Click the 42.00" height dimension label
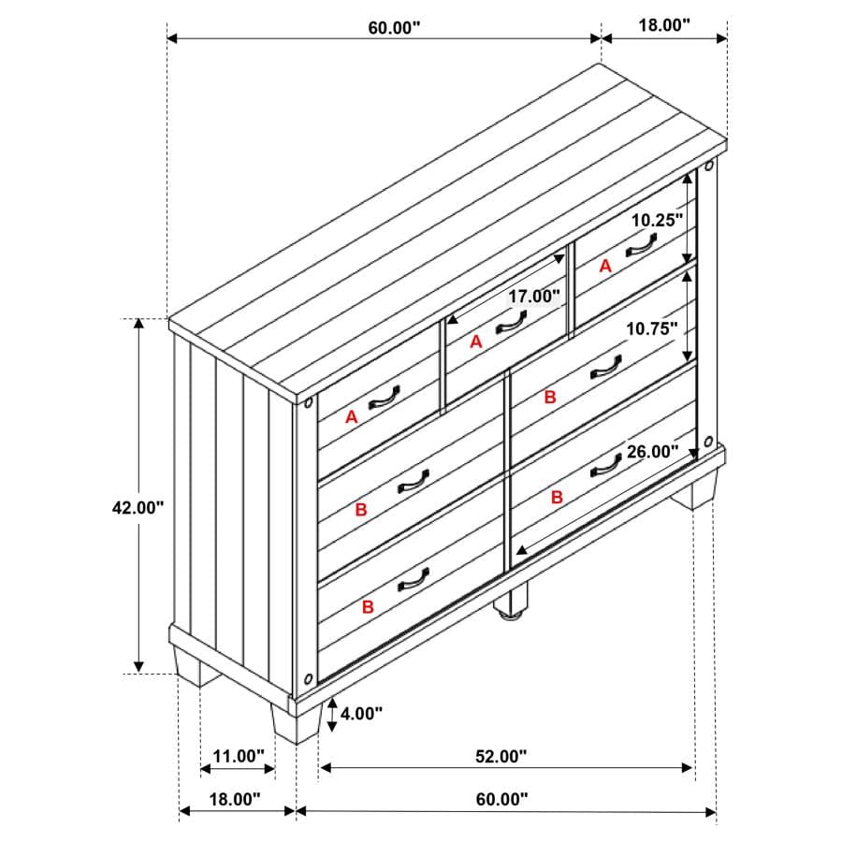click(138, 507)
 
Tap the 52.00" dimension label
click(501, 756)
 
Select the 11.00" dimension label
click(239, 756)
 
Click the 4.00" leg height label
click(361, 714)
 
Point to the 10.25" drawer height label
click(657, 220)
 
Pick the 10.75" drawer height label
click(652, 328)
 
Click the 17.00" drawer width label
click(534, 296)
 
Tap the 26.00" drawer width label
click(653, 452)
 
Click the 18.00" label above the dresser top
click(664, 24)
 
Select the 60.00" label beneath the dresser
click(502, 800)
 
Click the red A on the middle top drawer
click(476, 341)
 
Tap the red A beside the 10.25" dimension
click(605, 266)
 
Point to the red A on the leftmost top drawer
click(351, 416)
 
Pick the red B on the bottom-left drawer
click(368, 607)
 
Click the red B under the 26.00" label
click(557, 498)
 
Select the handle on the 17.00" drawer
click(510, 324)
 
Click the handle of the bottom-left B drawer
click(413, 580)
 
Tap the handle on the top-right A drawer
click(641, 246)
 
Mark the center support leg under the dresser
click(510, 602)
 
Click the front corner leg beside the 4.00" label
click(297, 722)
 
